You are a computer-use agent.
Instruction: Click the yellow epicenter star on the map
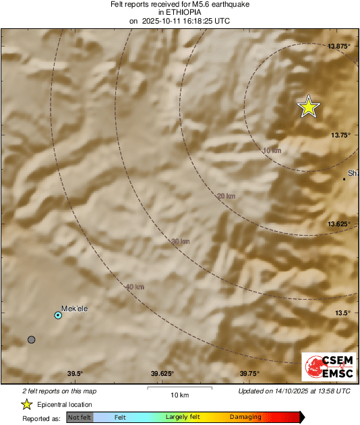[x=309, y=106]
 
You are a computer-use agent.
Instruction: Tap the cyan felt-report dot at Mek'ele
[x=58, y=315]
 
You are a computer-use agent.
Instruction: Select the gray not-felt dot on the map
[x=31, y=339]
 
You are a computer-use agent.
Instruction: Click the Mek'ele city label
[x=74, y=308]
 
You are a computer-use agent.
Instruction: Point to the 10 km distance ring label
[x=272, y=150]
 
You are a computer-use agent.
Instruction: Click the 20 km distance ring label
[x=227, y=196]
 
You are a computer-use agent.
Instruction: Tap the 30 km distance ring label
[x=180, y=241]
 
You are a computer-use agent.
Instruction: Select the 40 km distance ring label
[x=135, y=287]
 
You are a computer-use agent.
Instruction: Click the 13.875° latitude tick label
[x=339, y=46]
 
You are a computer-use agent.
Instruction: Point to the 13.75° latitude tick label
[x=340, y=135]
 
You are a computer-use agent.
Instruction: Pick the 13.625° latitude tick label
[x=339, y=224]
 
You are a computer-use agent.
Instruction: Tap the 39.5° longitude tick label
[x=75, y=374]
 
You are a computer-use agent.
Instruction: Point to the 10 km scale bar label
[x=179, y=394]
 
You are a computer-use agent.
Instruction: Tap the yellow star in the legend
[x=26, y=404]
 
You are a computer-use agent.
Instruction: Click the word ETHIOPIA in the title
[x=179, y=12]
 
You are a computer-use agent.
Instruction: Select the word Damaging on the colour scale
[x=245, y=417]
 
